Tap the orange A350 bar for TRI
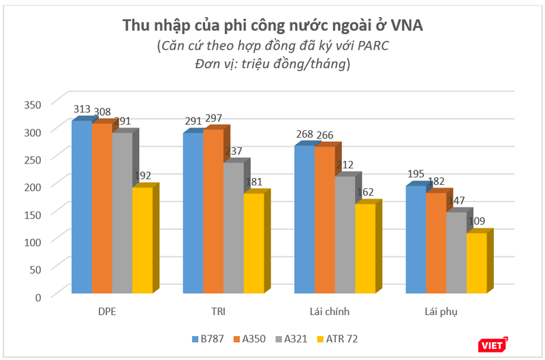pos(213,211)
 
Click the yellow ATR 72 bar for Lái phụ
pos(476,263)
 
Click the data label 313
pos(82,110)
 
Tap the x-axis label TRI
pos(218,312)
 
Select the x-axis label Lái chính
pos(326,312)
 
